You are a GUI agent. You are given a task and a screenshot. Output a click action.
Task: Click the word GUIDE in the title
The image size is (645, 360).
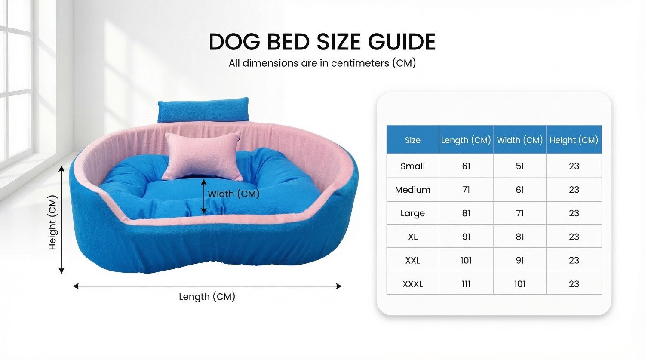click(x=402, y=42)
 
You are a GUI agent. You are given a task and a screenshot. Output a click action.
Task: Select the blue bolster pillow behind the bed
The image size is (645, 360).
click(x=203, y=110)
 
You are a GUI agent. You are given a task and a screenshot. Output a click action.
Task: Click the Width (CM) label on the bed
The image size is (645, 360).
click(x=233, y=194)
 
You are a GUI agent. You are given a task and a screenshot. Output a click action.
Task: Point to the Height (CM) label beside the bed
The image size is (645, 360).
click(x=53, y=222)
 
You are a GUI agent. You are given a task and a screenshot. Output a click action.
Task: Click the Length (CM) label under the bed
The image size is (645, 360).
click(x=207, y=297)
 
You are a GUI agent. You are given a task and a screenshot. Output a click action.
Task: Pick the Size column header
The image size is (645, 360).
click(x=413, y=140)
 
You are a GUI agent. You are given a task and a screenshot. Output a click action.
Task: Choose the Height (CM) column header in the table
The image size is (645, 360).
click(x=574, y=140)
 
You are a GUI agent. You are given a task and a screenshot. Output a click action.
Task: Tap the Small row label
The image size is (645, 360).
click(x=413, y=166)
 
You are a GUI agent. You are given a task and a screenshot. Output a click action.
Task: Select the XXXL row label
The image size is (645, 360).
click(x=413, y=284)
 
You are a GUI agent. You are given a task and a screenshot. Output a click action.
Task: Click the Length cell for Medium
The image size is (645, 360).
click(x=466, y=190)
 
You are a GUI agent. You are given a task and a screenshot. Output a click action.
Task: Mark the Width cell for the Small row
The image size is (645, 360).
click(x=520, y=166)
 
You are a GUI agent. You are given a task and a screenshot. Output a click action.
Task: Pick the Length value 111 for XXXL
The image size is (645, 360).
click(x=466, y=284)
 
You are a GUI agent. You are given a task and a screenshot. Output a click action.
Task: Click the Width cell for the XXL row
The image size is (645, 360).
click(x=520, y=260)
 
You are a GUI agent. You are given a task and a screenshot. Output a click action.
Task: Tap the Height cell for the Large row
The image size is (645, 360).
click(x=574, y=213)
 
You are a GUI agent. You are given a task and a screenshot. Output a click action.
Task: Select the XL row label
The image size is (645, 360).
click(x=413, y=237)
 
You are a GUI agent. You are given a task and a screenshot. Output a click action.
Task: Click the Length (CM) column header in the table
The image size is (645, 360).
click(x=466, y=140)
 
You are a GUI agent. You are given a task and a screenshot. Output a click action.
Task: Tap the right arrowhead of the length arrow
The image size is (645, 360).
click(x=339, y=286)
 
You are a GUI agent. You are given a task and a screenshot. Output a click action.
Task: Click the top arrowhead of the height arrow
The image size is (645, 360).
click(x=61, y=169)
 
